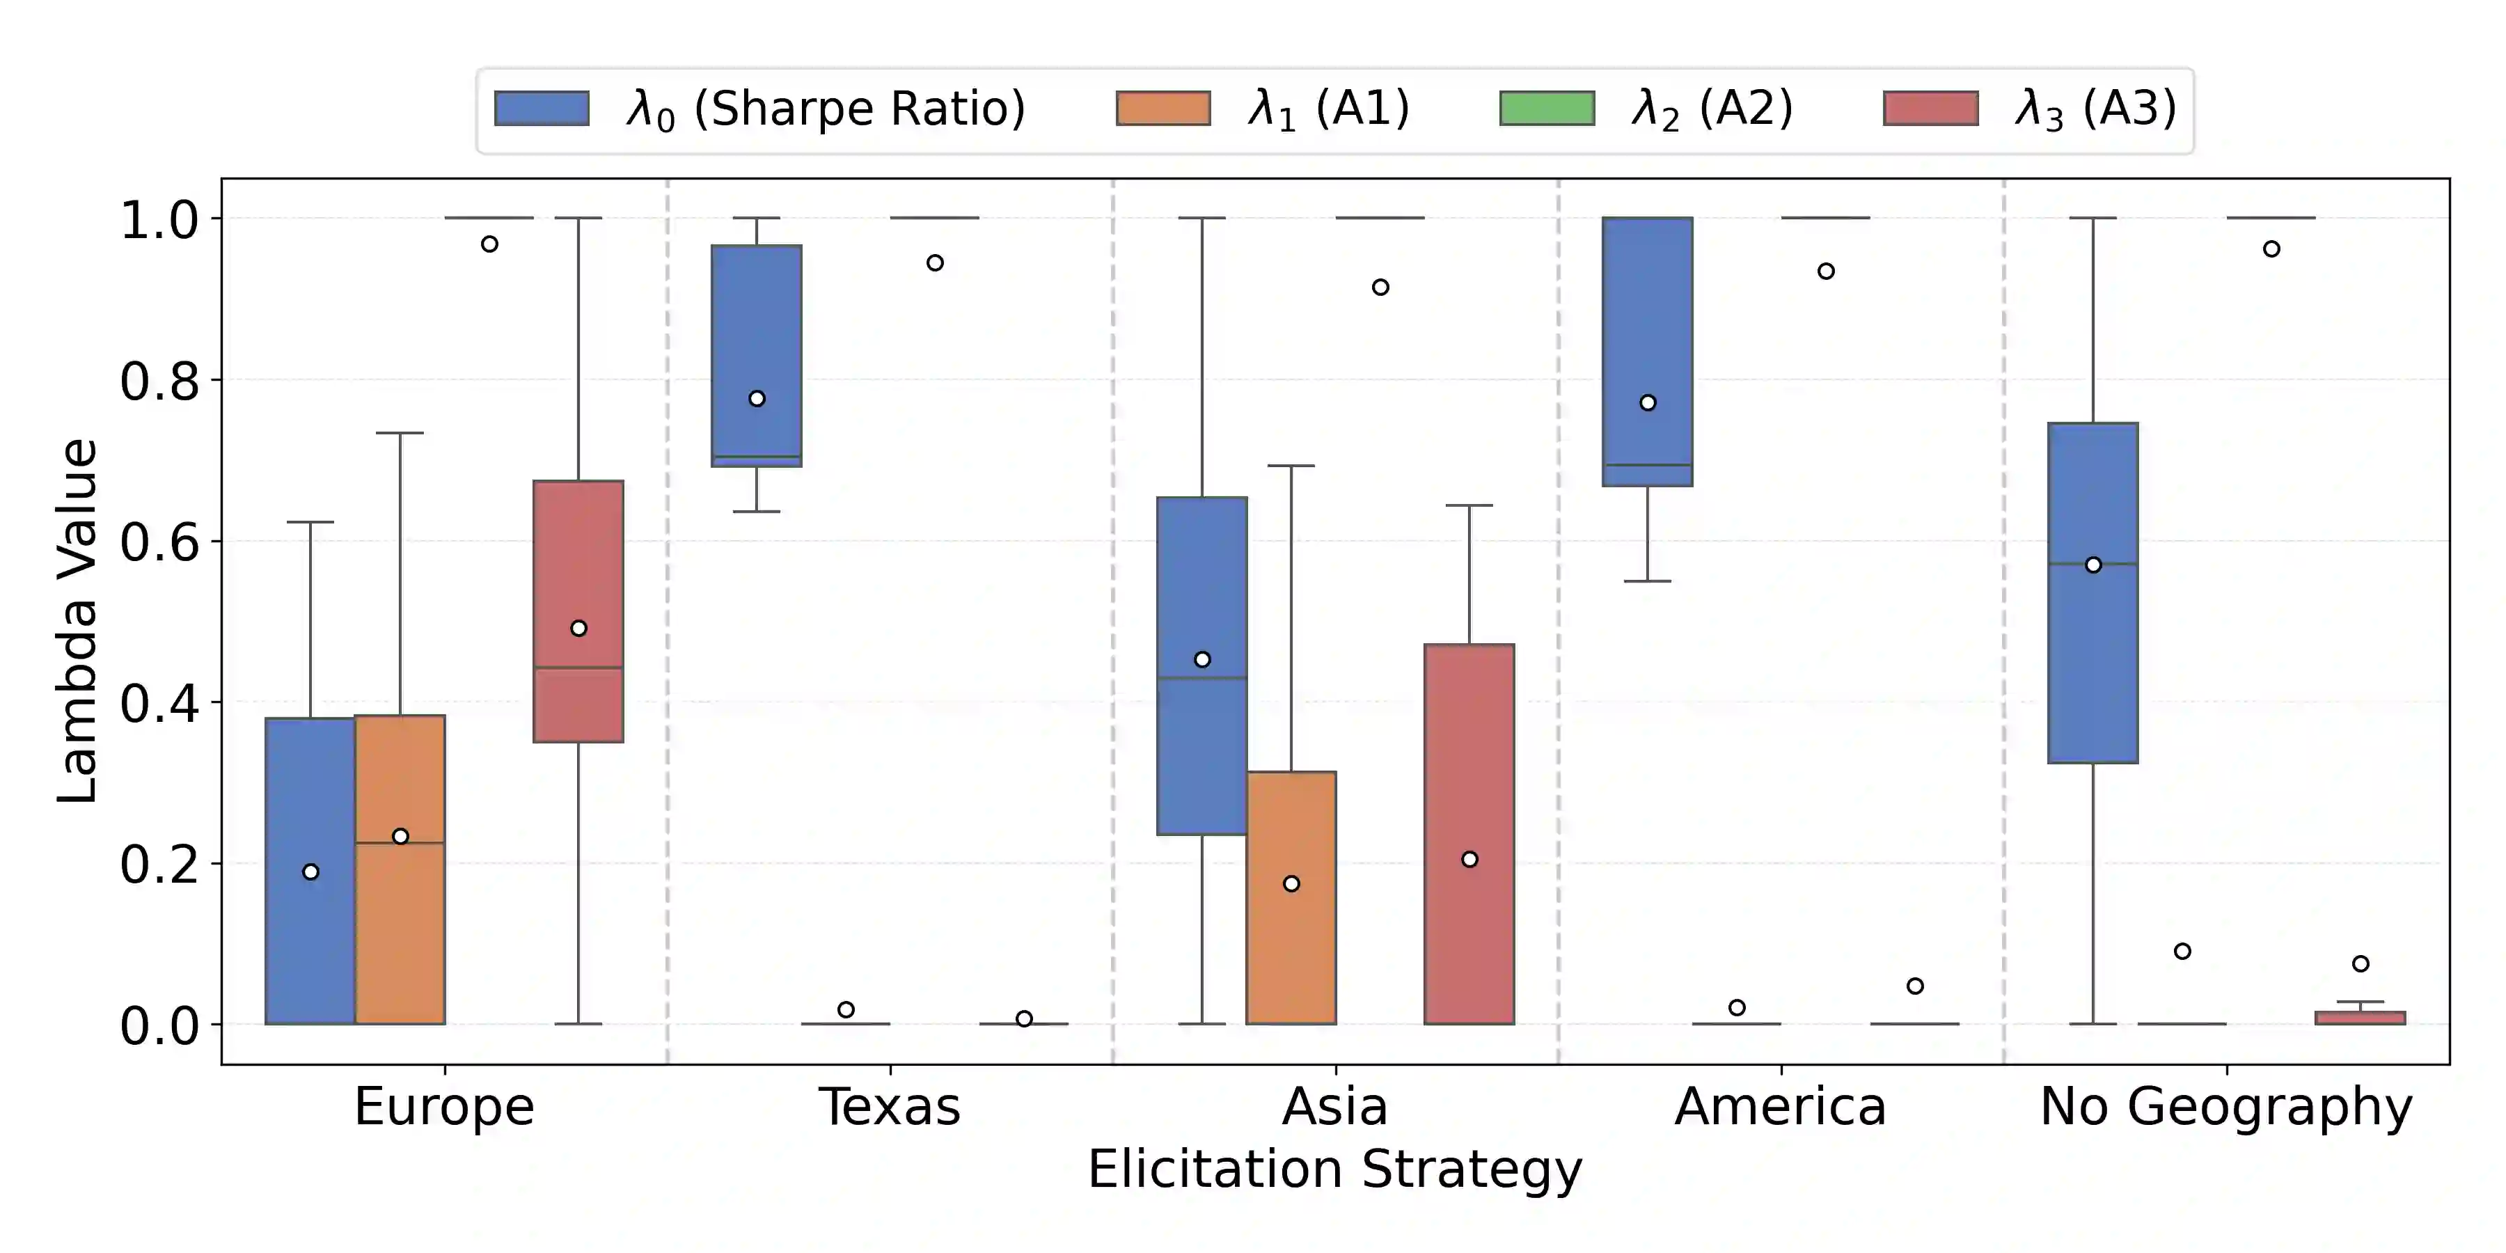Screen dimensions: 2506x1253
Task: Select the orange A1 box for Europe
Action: (400, 869)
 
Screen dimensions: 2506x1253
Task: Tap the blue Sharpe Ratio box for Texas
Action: (757, 356)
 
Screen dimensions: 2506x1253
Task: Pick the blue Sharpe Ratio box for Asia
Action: (1202, 665)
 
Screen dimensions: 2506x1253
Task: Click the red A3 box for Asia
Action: (1469, 834)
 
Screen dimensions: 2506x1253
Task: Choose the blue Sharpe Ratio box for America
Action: (1648, 352)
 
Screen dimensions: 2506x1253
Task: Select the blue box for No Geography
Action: (2093, 592)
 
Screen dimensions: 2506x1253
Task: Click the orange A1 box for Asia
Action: (1291, 898)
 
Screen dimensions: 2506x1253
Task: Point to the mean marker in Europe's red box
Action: (579, 629)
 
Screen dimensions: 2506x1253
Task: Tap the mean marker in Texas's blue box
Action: (757, 399)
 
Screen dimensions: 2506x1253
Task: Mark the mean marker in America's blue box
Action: (1648, 403)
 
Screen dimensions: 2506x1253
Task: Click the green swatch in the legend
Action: (1547, 108)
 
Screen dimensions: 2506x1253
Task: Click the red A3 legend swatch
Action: (1931, 108)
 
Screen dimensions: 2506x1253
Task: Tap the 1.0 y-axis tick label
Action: (159, 220)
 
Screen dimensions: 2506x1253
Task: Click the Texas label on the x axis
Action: (890, 1106)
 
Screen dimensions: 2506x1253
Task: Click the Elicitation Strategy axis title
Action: (1334, 1169)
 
